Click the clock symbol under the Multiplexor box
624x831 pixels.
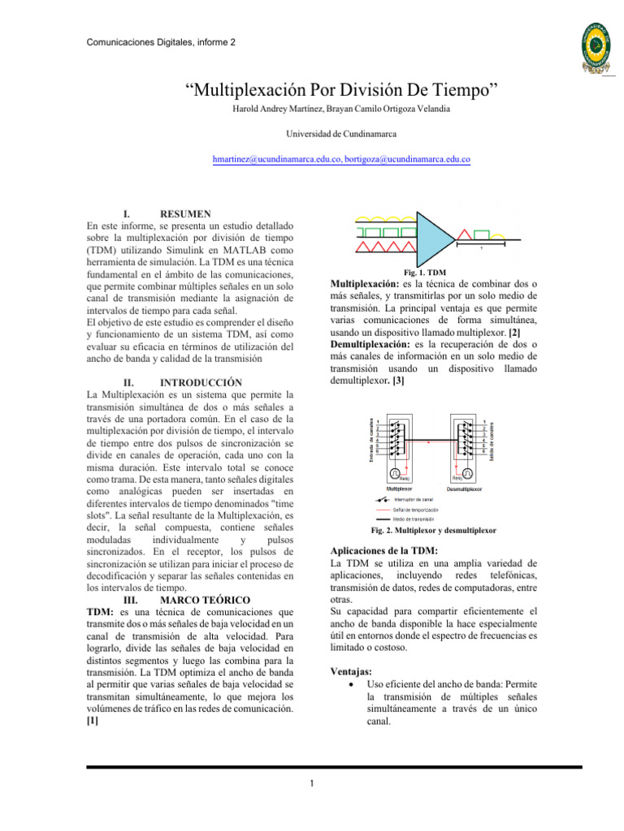tap(395, 473)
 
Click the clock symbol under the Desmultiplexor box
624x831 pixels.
tap(467, 473)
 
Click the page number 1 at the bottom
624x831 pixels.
tap(312, 784)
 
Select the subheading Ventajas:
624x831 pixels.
tap(353, 673)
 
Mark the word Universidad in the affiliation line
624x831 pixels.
tap(312, 133)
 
